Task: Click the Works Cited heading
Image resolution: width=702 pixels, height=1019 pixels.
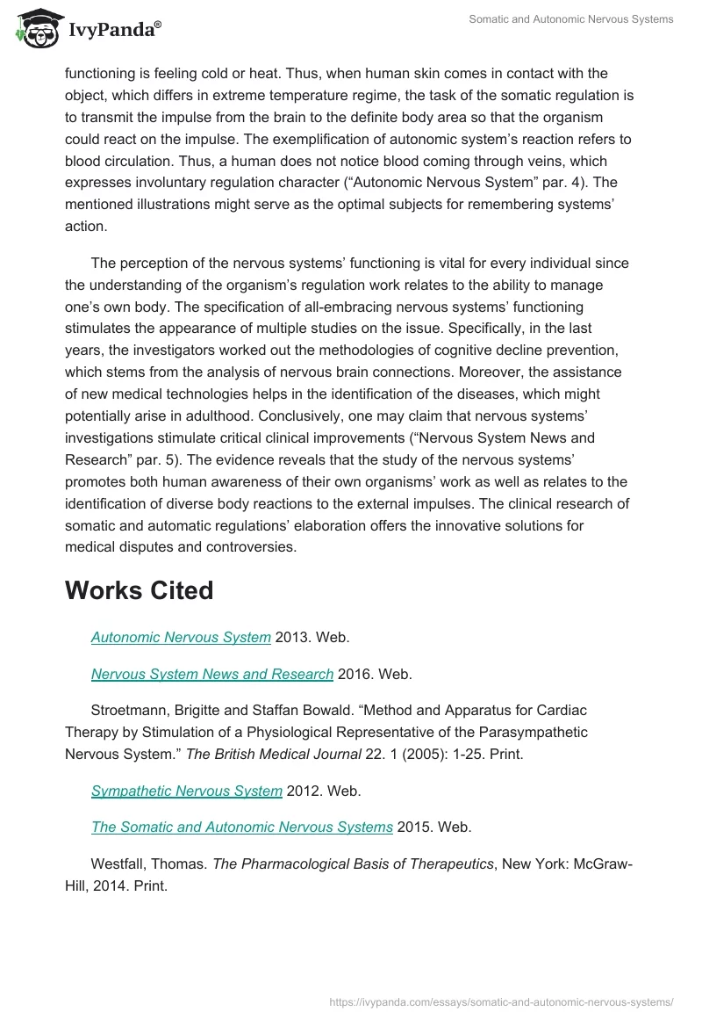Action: point(139,590)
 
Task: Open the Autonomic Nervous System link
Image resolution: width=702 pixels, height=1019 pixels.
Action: point(181,638)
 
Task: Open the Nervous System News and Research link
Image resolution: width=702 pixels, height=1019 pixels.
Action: point(211,675)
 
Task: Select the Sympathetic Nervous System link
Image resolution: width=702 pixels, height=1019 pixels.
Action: point(186,791)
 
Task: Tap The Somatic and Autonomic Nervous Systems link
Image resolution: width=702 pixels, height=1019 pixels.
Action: point(241,827)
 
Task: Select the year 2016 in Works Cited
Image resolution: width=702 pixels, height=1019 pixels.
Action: point(355,675)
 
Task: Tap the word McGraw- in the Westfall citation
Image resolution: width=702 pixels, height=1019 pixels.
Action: point(605,864)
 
